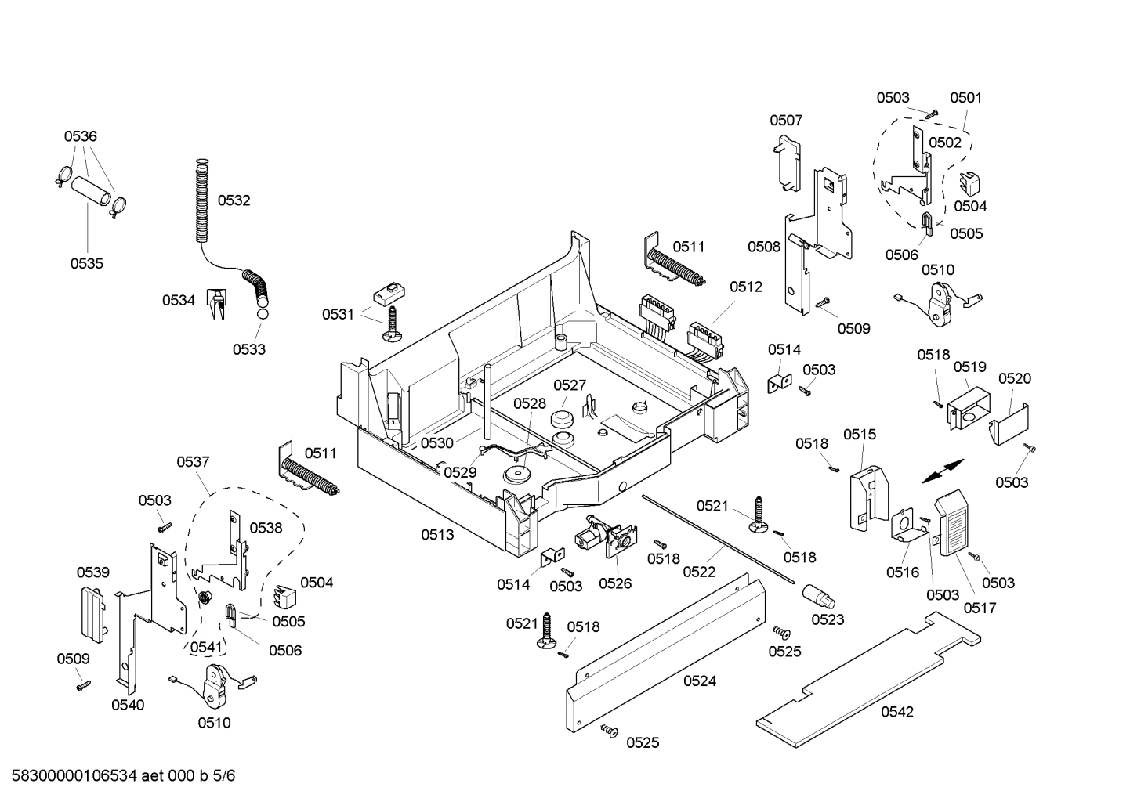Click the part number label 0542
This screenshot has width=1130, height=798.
pos(896,712)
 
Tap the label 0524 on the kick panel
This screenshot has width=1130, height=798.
pos(699,681)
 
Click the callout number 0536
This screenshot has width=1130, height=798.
pos(80,136)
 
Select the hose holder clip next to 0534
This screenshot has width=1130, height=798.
pos(215,304)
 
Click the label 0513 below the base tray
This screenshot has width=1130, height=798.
pos(436,535)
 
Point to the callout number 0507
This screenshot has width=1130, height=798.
pos(785,120)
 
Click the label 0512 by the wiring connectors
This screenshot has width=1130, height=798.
pos(745,287)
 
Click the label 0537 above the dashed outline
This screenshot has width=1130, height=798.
pos(193,462)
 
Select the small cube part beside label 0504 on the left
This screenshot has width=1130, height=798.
pos(284,596)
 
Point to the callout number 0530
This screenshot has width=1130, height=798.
pos(436,442)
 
